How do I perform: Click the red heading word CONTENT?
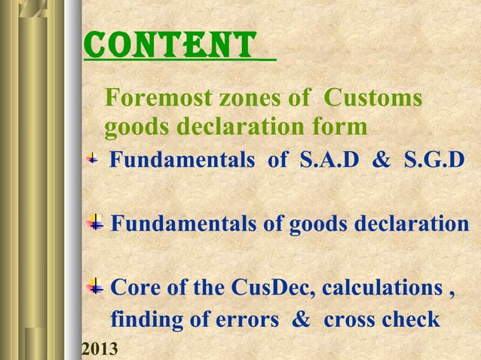170,46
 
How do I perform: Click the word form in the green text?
342,128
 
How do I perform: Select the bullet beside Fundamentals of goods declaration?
96,223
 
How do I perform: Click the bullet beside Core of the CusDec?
96,288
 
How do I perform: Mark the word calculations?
384,288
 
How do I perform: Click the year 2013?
100,350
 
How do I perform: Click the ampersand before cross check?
301,320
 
